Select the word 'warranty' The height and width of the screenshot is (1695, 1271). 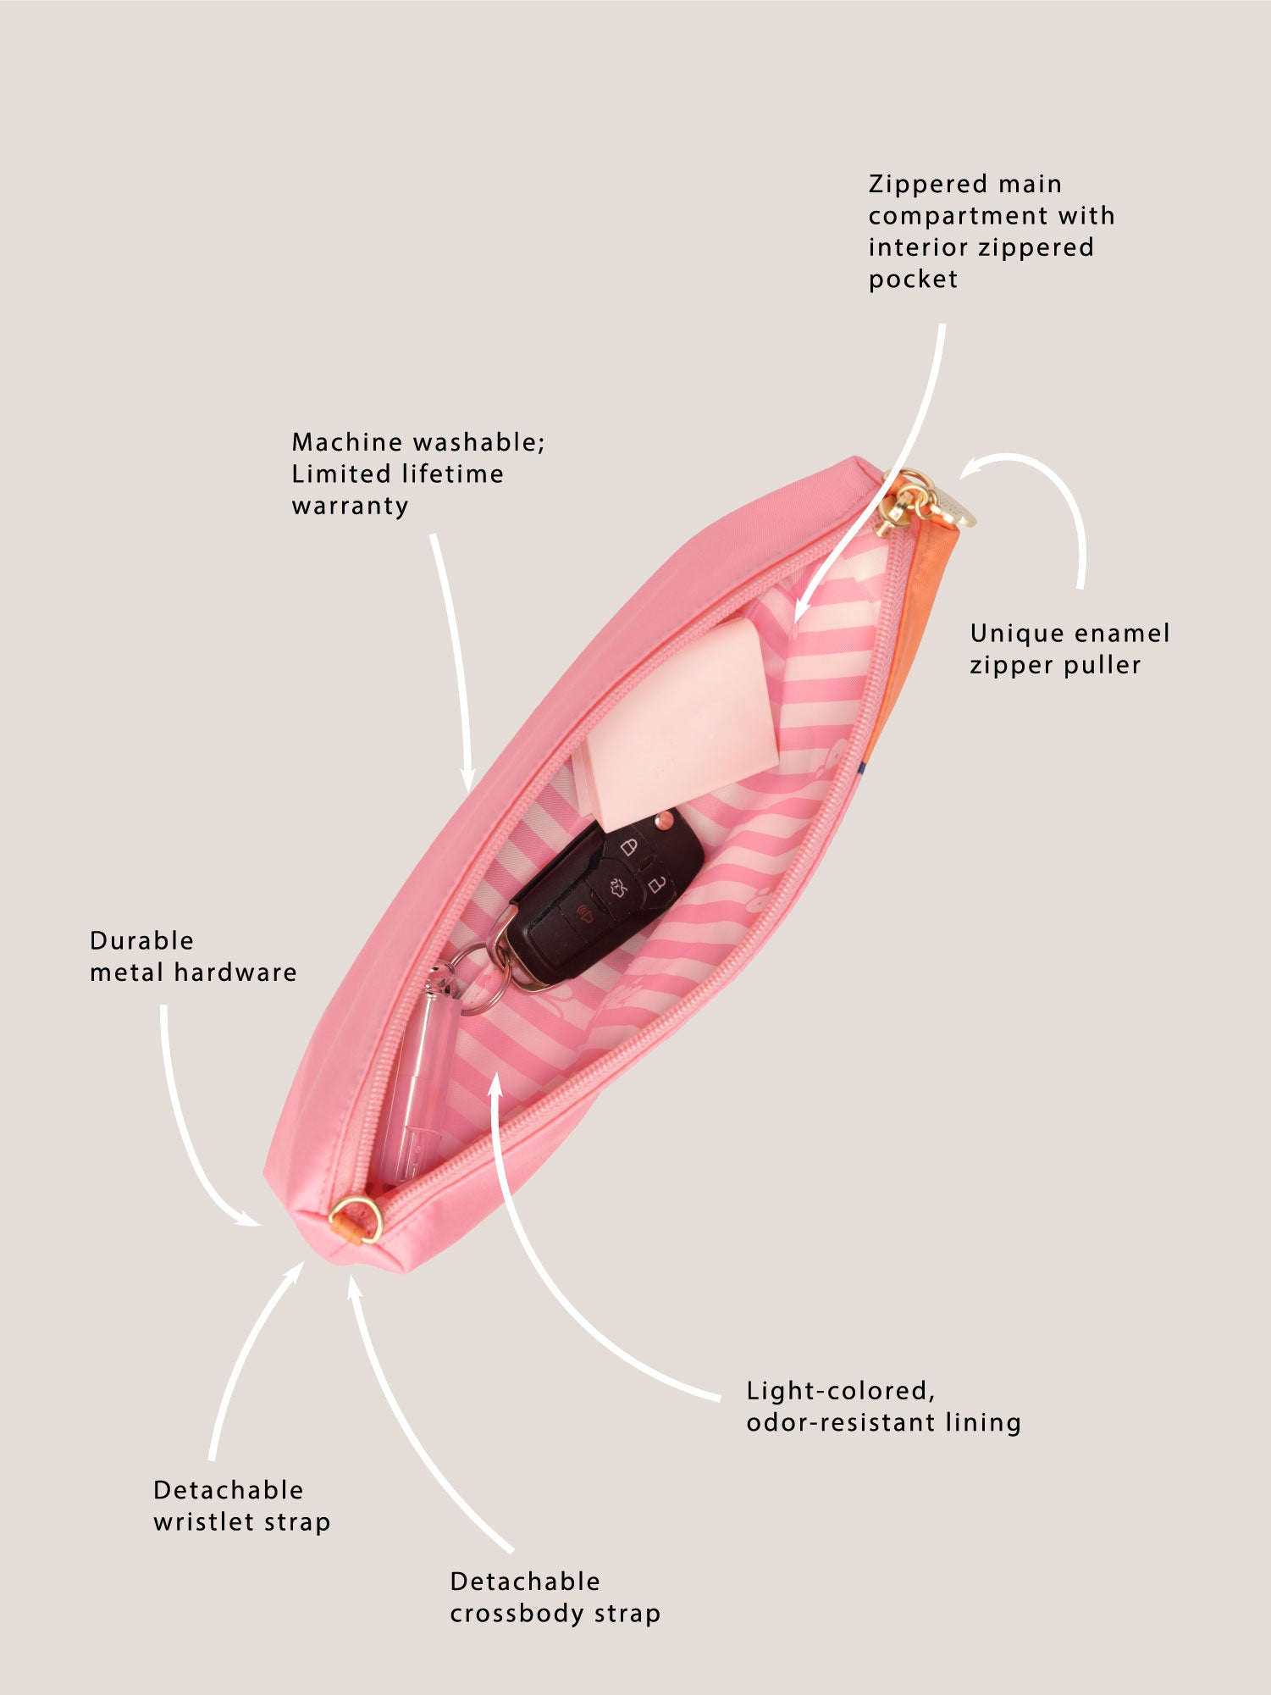coord(350,507)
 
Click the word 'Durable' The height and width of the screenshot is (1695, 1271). coord(141,940)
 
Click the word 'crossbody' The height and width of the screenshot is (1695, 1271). coord(517,1613)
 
